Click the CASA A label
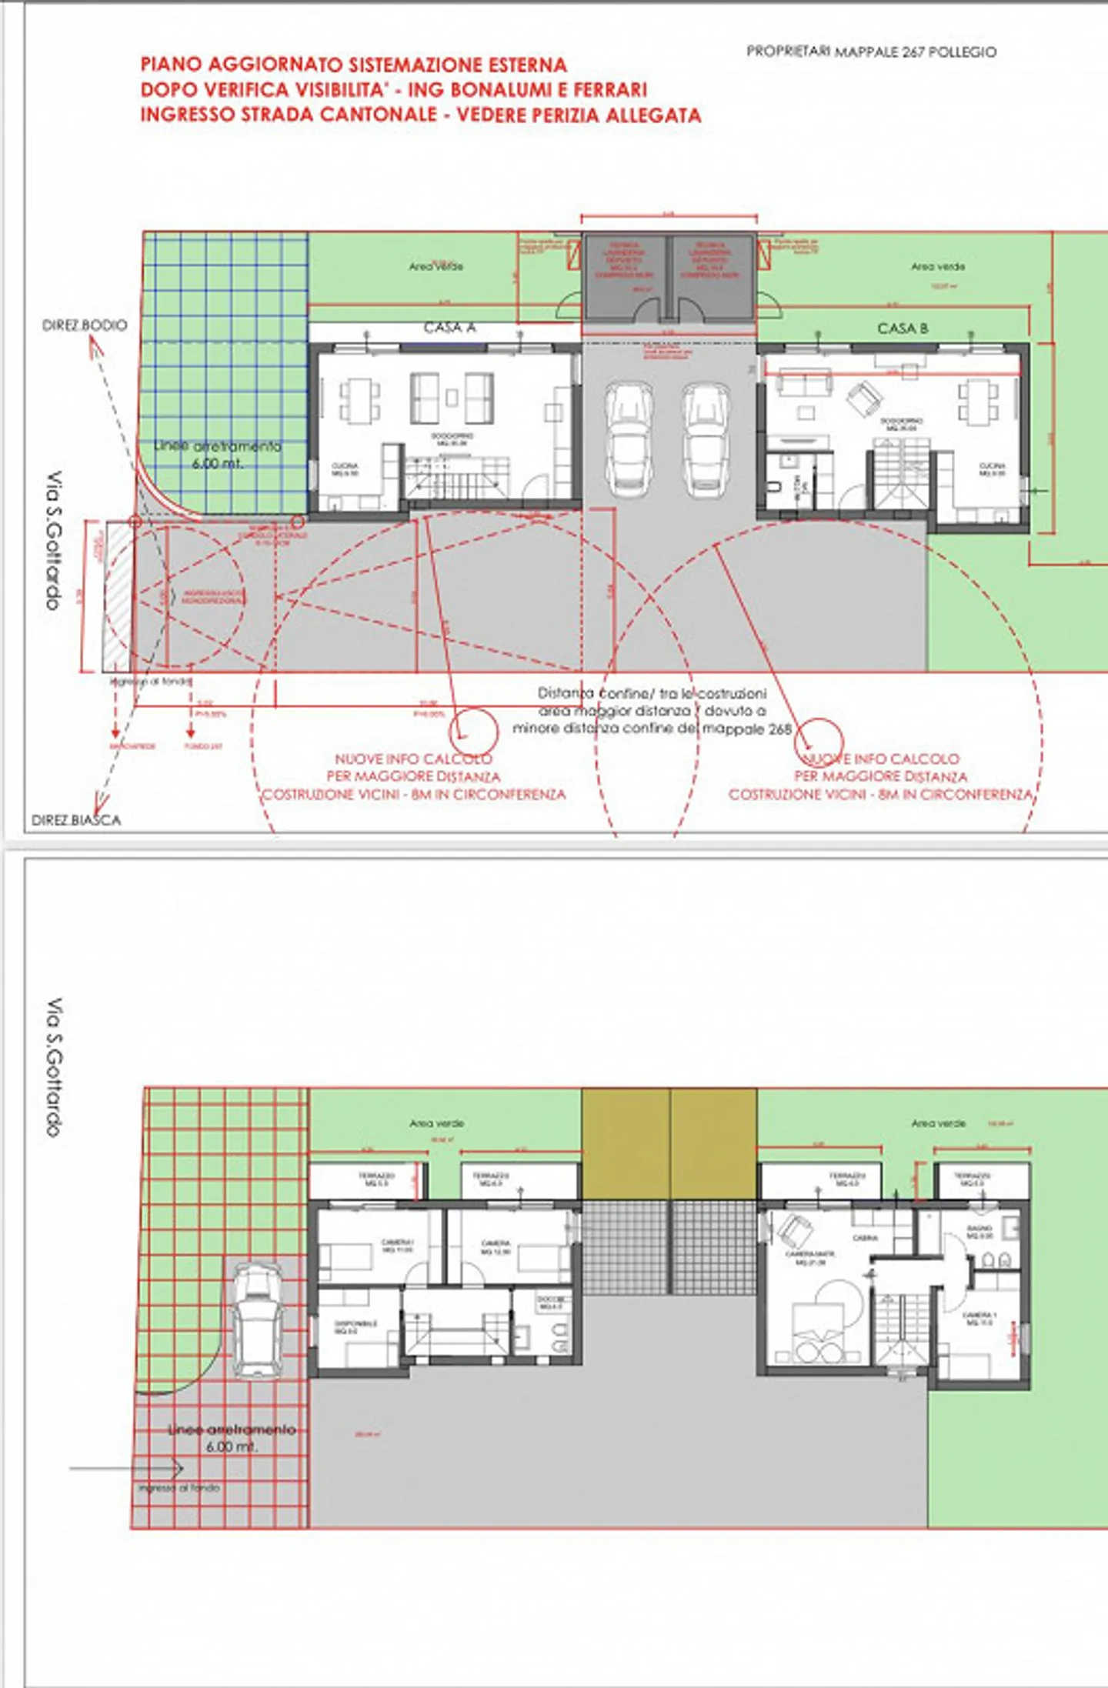click(449, 328)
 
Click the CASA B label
click(903, 329)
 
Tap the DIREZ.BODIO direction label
click(85, 325)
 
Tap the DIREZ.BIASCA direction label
click(76, 820)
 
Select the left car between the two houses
click(629, 439)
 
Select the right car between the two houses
click(706, 439)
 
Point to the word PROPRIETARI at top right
click(788, 51)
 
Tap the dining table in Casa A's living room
click(360, 400)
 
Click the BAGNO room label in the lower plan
click(980, 1232)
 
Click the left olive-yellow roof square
click(626, 1143)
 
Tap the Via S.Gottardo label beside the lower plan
click(55, 1068)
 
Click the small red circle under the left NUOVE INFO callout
click(474, 732)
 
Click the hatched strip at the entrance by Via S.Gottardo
click(118, 596)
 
